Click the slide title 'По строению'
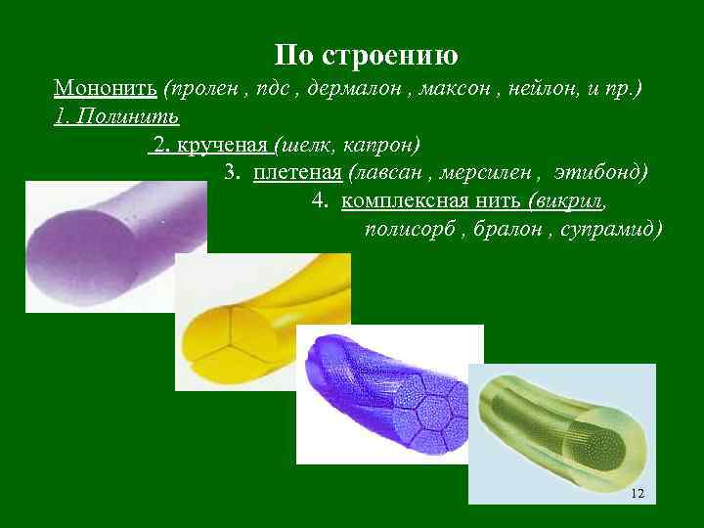pyautogui.click(x=367, y=53)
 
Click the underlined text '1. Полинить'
pyautogui.click(x=116, y=117)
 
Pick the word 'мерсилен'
pyautogui.click(x=489, y=173)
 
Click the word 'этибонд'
pyautogui.click(x=600, y=173)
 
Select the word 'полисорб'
pyautogui.click(x=404, y=230)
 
